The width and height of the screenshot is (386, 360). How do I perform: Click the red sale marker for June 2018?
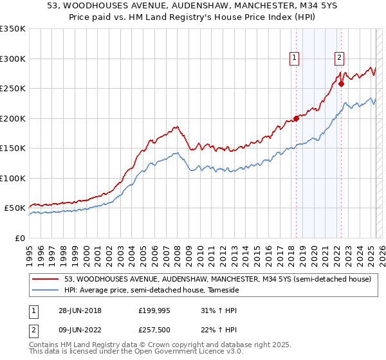click(297, 118)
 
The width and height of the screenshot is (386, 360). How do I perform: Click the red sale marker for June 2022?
click(342, 83)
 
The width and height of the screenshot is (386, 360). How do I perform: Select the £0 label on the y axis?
click(21, 238)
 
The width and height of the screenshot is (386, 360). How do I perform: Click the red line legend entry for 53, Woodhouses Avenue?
click(217, 280)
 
